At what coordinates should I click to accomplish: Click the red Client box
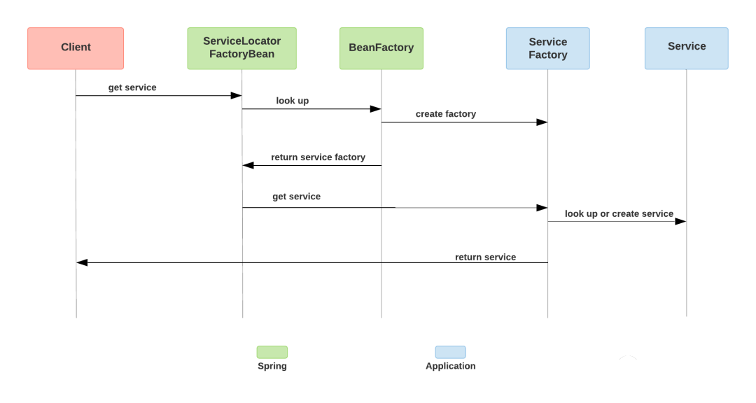tap(76, 48)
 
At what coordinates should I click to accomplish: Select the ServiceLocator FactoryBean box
tap(241, 48)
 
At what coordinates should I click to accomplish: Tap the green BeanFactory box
tap(381, 48)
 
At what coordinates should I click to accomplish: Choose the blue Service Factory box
tap(547, 48)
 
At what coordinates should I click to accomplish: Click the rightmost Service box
tap(686, 48)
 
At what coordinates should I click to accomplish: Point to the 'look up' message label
tap(292, 101)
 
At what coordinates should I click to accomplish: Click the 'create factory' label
tap(445, 114)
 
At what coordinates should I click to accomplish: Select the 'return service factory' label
tap(318, 157)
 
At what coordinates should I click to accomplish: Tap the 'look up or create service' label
tap(619, 214)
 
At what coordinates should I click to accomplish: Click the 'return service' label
tap(485, 257)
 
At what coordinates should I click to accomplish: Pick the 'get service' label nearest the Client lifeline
tap(132, 87)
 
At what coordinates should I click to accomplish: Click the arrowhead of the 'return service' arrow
tap(82, 262)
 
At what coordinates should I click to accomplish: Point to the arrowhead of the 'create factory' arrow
tap(542, 122)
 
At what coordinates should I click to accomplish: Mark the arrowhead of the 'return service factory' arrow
tap(248, 165)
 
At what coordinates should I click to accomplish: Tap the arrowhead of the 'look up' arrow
tap(376, 109)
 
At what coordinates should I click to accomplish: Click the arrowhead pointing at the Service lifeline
tap(680, 221)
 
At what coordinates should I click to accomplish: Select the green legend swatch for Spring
tap(272, 352)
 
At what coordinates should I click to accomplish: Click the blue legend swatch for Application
tap(450, 352)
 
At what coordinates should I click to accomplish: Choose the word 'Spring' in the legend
tap(272, 366)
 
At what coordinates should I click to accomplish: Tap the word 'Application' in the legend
tap(450, 366)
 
